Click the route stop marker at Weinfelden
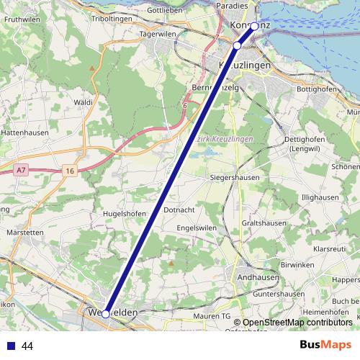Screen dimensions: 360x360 click(x=106, y=314)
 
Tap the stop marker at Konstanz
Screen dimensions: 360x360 click(x=254, y=26)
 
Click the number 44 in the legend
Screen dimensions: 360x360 click(x=28, y=346)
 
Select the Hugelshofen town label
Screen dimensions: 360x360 click(x=125, y=214)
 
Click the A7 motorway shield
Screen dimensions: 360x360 click(x=21, y=170)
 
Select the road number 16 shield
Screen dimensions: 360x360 click(x=69, y=170)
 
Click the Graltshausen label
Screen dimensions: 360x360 click(x=266, y=223)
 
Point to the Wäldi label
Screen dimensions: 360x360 click(x=84, y=103)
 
